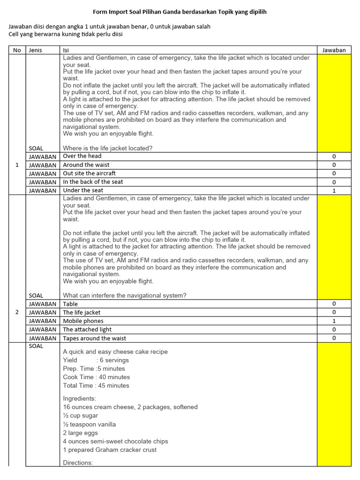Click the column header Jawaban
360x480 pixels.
click(334, 50)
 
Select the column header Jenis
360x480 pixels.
click(35, 50)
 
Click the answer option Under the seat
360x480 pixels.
click(83, 190)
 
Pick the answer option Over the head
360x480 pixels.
click(82, 156)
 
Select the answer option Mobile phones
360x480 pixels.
click(83, 321)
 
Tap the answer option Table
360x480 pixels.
click(70, 304)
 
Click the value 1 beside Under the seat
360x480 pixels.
click(334, 191)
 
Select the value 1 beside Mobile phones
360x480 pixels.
click(334, 321)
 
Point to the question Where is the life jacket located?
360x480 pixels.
click(107, 148)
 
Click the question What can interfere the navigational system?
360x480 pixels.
click(125, 295)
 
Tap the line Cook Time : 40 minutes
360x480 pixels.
click(97, 377)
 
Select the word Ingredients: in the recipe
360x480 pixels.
click(80, 398)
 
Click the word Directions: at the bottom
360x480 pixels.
click(78, 463)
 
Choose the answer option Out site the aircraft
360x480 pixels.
click(89, 173)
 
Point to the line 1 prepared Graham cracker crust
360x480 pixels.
click(110, 450)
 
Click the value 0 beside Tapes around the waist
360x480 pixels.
click(334, 338)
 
